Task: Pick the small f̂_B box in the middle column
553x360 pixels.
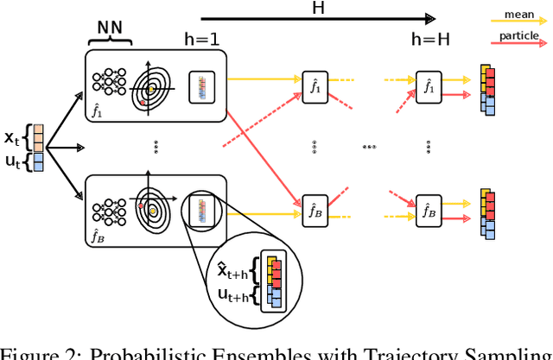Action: [315, 209]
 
